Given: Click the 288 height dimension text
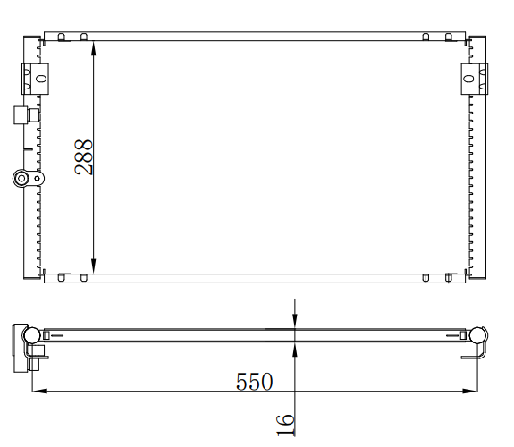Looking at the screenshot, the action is (84, 157).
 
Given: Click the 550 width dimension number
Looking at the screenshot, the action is (255, 382).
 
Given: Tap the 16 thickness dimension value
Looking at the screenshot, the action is (285, 425).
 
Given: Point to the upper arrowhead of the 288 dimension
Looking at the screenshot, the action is (94, 48).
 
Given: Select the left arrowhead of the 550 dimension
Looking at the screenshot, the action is (39, 391).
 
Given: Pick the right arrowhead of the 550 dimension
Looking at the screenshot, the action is (469, 391).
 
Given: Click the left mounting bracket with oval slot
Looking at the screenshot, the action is (36, 79).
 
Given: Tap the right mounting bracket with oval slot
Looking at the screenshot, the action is (475, 79).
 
